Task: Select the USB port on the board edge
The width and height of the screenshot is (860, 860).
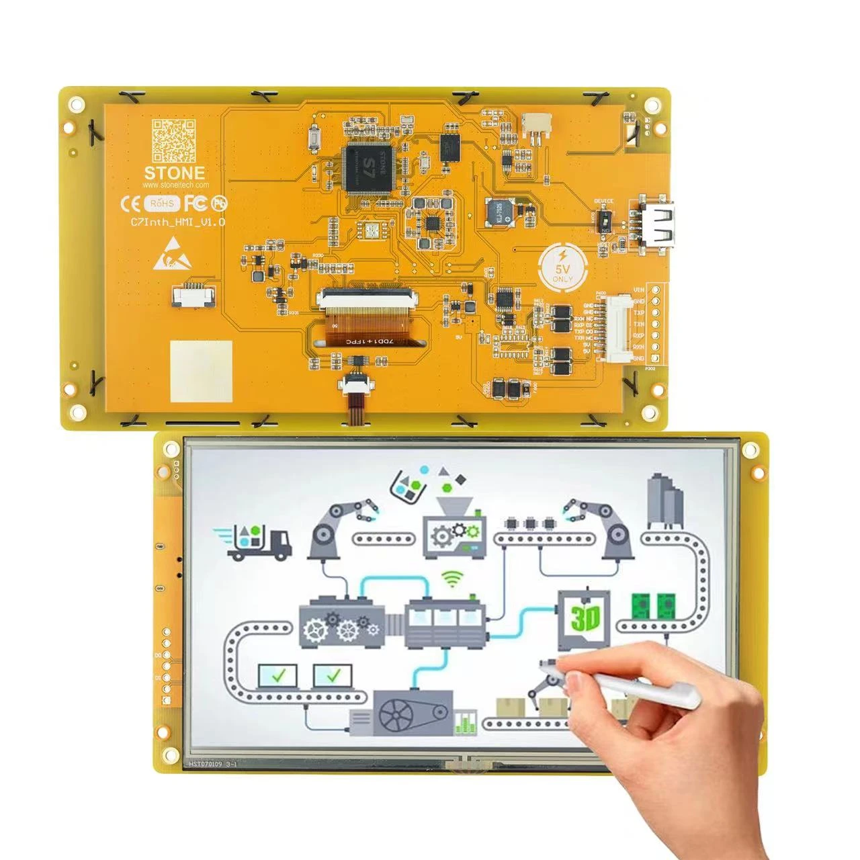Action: pyautogui.click(x=655, y=222)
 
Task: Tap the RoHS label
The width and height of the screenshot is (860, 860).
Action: pyautogui.click(x=162, y=202)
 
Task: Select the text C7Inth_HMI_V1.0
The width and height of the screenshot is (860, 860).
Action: pyautogui.click(x=178, y=222)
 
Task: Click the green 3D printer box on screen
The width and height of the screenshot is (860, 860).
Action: pyautogui.click(x=585, y=617)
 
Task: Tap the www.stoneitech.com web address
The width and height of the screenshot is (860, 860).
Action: pyautogui.click(x=176, y=185)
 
